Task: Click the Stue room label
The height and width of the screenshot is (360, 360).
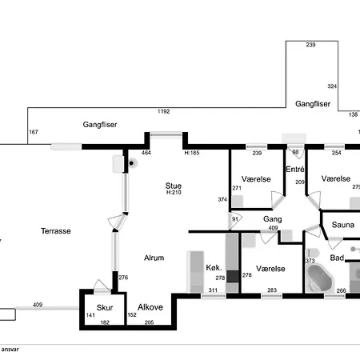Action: pyautogui.click(x=174, y=186)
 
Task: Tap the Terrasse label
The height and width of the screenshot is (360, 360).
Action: pyautogui.click(x=56, y=231)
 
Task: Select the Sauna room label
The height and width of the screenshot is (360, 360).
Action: pyautogui.click(x=343, y=225)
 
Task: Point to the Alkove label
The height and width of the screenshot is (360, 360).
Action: pyautogui.click(x=150, y=307)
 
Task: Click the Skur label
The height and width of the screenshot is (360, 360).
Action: pyautogui.click(x=105, y=308)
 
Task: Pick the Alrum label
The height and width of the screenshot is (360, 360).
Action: pyautogui.click(x=154, y=258)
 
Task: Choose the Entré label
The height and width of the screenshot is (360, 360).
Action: pyautogui.click(x=295, y=169)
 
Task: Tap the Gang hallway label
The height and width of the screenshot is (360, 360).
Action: pyautogui.click(x=272, y=219)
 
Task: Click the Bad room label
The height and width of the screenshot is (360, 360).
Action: pyautogui.click(x=337, y=258)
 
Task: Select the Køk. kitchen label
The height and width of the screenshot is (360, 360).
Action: pyautogui.click(x=214, y=267)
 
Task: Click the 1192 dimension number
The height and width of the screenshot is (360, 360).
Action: pyautogui.click(x=163, y=111)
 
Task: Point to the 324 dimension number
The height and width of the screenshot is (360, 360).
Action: pyautogui.click(x=332, y=86)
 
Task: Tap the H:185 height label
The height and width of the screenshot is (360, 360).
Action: pyautogui.click(x=192, y=153)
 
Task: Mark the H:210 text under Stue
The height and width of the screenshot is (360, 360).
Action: pyautogui.click(x=174, y=192)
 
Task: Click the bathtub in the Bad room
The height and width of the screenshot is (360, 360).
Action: pyautogui.click(x=320, y=278)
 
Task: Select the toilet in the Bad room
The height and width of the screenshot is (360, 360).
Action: pyautogui.click(x=312, y=253)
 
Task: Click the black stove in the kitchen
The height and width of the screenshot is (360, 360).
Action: pyautogui.click(x=232, y=277)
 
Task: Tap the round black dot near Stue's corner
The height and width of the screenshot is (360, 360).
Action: pyautogui.click(x=131, y=163)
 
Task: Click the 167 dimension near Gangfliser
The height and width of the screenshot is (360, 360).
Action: pyautogui.click(x=34, y=132)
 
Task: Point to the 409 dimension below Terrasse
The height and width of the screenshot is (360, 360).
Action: pyautogui.click(x=38, y=305)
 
